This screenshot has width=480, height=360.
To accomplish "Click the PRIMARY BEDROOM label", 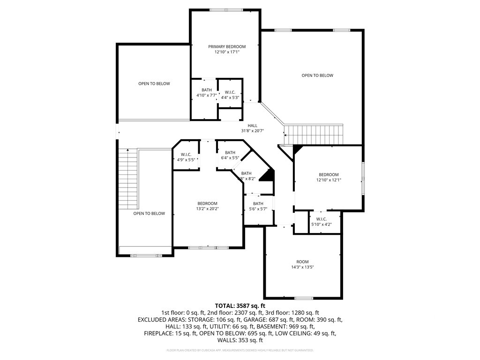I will pyautogui.click(x=227, y=47).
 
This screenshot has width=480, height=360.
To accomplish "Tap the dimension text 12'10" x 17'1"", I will pyautogui.click(x=227, y=52).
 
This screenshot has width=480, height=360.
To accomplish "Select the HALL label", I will pyautogui.click(x=253, y=126).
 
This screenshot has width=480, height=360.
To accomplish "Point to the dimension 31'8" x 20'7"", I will pyautogui.click(x=253, y=131).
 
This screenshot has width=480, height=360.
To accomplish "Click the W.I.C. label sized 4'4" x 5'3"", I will pyautogui.click(x=230, y=92).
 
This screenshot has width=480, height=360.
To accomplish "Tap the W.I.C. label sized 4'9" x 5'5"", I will pyautogui.click(x=186, y=154).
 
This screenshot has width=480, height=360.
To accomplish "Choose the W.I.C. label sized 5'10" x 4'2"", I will pyautogui.click(x=322, y=219).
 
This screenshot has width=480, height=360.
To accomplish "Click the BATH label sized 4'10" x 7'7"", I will pyautogui.click(x=207, y=90).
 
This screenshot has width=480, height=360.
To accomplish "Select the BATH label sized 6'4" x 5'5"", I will pyautogui.click(x=230, y=152).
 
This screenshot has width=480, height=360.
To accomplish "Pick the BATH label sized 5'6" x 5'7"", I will pyautogui.click(x=258, y=203).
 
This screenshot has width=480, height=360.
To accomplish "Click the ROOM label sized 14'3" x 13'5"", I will pyautogui.click(x=302, y=262).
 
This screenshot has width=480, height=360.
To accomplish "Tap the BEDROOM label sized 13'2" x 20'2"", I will pyautogui.click(x=207, y=203).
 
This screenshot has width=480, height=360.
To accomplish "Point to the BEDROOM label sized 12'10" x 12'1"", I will pyautogui.click(x=328, y=175).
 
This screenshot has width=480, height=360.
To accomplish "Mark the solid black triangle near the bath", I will pyautogui.click(x=268, y=175).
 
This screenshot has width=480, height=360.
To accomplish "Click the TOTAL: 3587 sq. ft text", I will pyautogui.click(x=240, y=306).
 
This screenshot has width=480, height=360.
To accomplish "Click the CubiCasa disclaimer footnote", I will pyautogui.click(x=240, y=350).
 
